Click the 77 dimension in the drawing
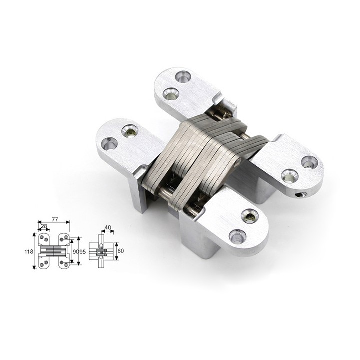[x=55, y=219]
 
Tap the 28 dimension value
[x=44, y=226]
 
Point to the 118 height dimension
[x=29, y=251]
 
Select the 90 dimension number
[x=76, y=251]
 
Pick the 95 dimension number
[x=82, y=251]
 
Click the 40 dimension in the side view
[x=108, y=227]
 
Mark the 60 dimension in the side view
[x=121, y=251]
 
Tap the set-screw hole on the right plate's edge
[x=300, y=195]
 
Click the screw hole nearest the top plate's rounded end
[x=183, y=77]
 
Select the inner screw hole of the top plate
[x=171, y=94]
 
